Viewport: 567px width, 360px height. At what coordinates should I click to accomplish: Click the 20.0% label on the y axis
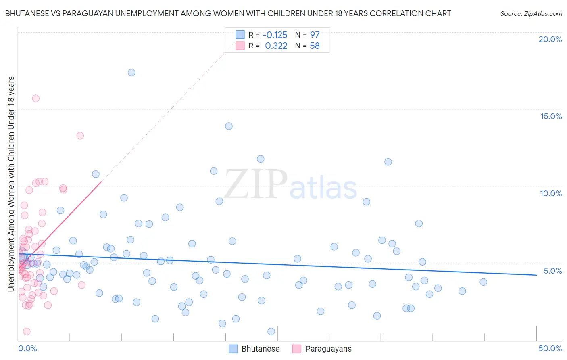click(550, 39)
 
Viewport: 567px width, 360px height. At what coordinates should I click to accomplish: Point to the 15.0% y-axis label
click(551, 116)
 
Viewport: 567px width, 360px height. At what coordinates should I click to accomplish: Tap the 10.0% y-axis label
click(551, 193)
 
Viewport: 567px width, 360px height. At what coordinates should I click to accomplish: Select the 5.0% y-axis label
click(552, 271)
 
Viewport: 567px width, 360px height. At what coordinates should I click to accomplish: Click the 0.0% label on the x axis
click(27, 348)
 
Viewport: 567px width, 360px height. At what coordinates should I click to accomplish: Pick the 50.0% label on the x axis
click(550, 348)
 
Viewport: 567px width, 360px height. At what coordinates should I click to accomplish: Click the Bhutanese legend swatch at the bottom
click(233, 349)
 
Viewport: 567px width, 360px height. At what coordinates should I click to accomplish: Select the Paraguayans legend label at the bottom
click(328, 349)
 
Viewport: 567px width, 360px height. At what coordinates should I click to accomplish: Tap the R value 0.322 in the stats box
click(276, 46)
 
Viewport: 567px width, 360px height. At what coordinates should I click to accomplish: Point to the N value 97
click(315, 35)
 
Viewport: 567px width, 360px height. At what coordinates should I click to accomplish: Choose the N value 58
click(315, 46)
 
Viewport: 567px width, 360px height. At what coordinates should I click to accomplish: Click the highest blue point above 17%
click(131, 73)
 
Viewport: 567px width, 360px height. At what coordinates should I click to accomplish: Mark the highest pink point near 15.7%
click(35, 98)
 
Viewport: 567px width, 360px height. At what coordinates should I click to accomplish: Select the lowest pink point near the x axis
click(27, 331)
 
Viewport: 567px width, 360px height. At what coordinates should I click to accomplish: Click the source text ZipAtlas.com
click(531, 14)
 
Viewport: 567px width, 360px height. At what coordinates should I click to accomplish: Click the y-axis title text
click(11, 184)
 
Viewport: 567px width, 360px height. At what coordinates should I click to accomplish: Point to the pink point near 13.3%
click(80, 136)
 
